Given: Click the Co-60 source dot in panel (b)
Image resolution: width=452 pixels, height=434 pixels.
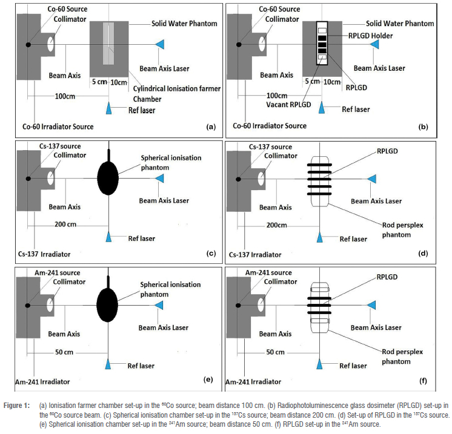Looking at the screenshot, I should pos(239,45).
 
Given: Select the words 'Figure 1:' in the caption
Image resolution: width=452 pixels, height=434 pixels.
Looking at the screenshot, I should pos(18,404).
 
